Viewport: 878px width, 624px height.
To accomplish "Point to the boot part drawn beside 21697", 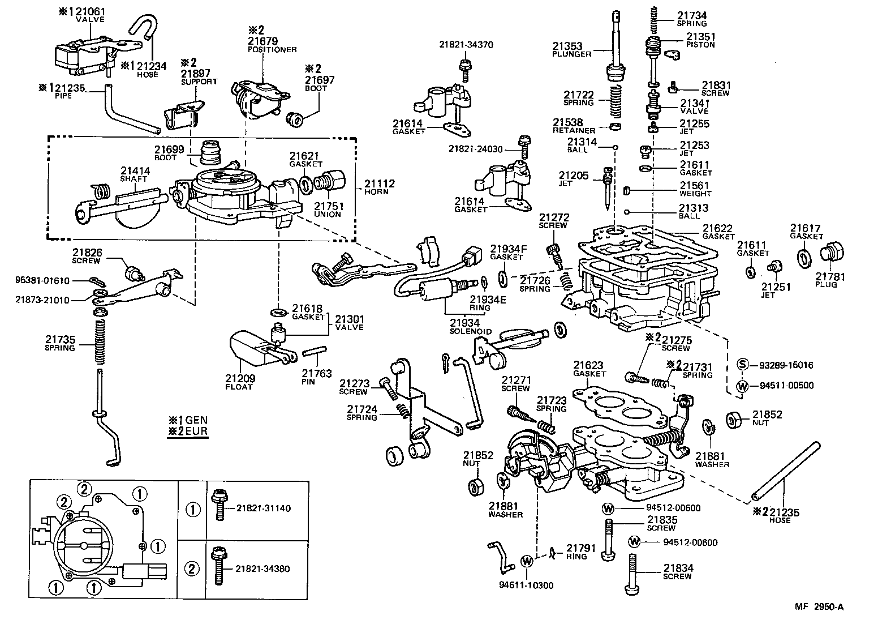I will click(295, 119).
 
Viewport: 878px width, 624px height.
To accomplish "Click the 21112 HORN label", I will click(379, 187).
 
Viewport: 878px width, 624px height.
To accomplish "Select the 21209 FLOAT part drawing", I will click(247, 349).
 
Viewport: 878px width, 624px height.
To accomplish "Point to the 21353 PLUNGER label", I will click(572, 49).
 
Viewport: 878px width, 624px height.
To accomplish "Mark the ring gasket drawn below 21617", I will click(803, 258).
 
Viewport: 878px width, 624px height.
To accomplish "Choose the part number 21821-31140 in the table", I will click(263, 508).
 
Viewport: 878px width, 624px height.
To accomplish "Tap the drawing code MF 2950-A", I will click(820, 607).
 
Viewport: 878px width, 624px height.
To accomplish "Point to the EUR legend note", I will click(188, 431).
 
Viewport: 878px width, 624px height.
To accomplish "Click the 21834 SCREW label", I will click(678, 571).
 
